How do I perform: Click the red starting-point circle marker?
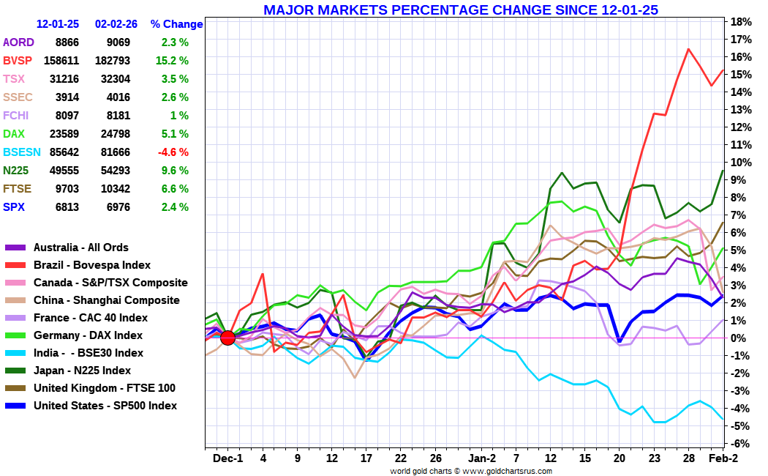click(x=227, y=338)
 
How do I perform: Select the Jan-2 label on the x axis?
click(x=481, y=458)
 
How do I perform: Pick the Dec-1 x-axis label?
click(x=227, y=458)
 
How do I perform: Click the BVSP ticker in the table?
click(x=18, y=60)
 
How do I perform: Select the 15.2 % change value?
click(x=172, y=60)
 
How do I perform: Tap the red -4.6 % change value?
click(x=172, y=152)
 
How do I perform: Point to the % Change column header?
click(x=176, y=23)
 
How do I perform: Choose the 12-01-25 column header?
click(x=58, y=23)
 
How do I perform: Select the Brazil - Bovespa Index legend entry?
click(x=92, y=265)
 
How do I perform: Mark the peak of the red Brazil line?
click(x=688, y=49)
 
